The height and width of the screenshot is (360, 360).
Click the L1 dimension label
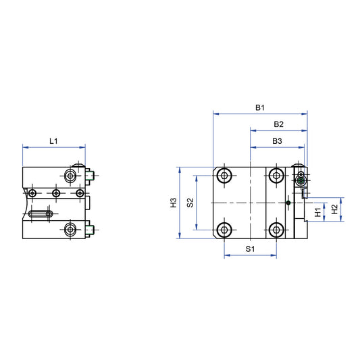pos(54,140)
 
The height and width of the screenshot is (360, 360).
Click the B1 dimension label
pos(260,107)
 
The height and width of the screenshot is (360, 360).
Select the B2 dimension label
pos(278,124)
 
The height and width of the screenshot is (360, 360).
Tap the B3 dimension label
pos(277,140)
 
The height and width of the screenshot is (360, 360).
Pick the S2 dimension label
pos(190,203)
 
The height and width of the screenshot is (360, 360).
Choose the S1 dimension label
pos(249,249)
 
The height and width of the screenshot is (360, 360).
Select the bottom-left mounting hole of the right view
pos(224,230)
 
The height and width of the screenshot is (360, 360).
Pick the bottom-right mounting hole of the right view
pos(276,230)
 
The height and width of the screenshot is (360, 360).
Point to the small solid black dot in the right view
pos(288,203)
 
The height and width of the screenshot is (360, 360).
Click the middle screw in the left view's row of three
pos(56,194)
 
